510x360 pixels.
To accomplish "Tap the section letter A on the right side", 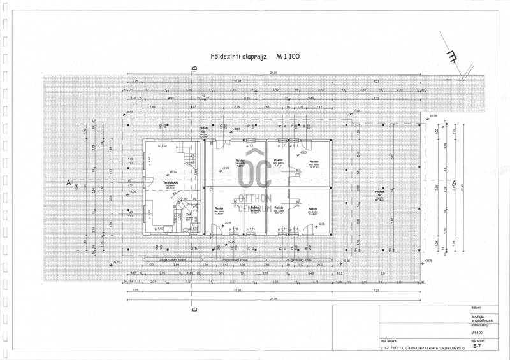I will (453, 184).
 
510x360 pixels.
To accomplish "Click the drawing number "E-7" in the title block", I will (476, 349).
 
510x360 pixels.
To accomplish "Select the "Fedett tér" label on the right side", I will (379, 192).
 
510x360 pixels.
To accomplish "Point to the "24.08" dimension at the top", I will (273, 73).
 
